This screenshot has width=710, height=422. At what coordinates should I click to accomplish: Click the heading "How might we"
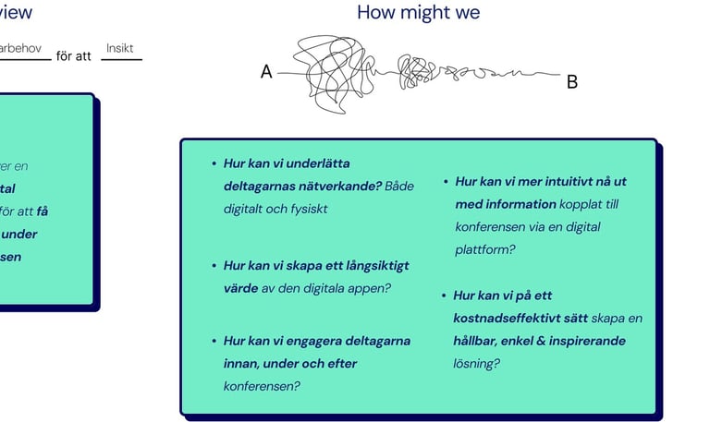tap(418, 13)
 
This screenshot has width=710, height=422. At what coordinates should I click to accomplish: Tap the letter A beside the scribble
tap(266, 72)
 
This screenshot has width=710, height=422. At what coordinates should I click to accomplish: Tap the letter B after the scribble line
tap(571, 82)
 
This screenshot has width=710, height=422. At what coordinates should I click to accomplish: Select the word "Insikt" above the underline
tap(120, 48)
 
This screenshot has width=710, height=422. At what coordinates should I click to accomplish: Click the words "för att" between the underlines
tap(74, 56)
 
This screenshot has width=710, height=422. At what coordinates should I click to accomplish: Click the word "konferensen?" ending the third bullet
tap(262, 386)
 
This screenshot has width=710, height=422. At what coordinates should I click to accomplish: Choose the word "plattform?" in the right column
tap(485, 249)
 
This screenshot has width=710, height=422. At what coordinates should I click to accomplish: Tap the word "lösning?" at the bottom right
tap(477, 364)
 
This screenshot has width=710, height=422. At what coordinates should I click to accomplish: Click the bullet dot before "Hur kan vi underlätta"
tap(214, 163)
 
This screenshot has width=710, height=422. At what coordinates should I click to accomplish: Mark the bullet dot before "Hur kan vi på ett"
tap(445, 296)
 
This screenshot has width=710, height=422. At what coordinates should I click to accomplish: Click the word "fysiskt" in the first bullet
tap(307, 209)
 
